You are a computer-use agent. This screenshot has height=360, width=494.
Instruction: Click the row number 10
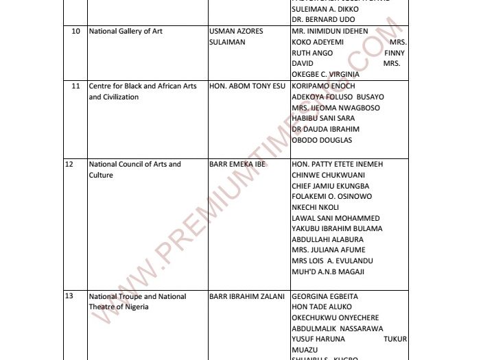click(75, 32)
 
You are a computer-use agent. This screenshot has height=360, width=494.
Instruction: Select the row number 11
click(76, 86)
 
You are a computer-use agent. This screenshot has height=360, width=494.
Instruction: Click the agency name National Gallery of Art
click(126, 32)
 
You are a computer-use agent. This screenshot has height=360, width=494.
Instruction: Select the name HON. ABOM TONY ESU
click(246, 86)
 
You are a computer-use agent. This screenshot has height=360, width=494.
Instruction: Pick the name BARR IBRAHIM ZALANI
click(242, 296)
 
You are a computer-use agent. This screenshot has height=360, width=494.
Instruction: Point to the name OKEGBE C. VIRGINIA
click(327, 75)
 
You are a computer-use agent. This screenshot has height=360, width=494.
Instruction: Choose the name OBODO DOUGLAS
click(322, 140)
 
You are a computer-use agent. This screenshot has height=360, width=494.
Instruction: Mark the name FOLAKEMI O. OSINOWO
click(332, 197)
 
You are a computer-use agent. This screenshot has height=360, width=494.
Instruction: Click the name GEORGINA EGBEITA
click(325, 296)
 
